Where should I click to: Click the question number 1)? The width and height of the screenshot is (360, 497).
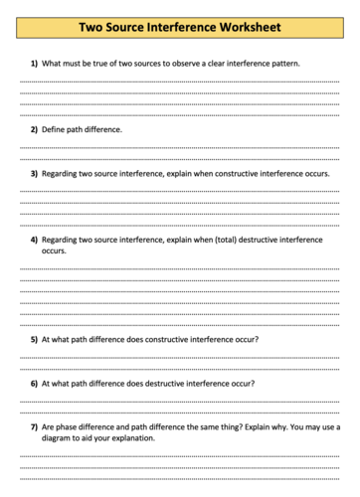pos(34,63)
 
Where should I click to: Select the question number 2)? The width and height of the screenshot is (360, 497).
pos(34,129)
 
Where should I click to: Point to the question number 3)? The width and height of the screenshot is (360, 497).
pos(34,172)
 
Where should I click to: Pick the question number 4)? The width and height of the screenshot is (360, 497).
pos(34,240)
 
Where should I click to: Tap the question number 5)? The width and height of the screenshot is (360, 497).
pos(34,339)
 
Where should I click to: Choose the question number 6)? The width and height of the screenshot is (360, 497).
pos(34,383)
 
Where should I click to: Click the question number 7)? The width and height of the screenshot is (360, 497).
pos(34,426)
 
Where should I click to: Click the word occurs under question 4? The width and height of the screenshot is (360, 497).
pos(54,250)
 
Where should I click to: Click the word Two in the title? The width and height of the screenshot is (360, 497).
pos(95,27)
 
